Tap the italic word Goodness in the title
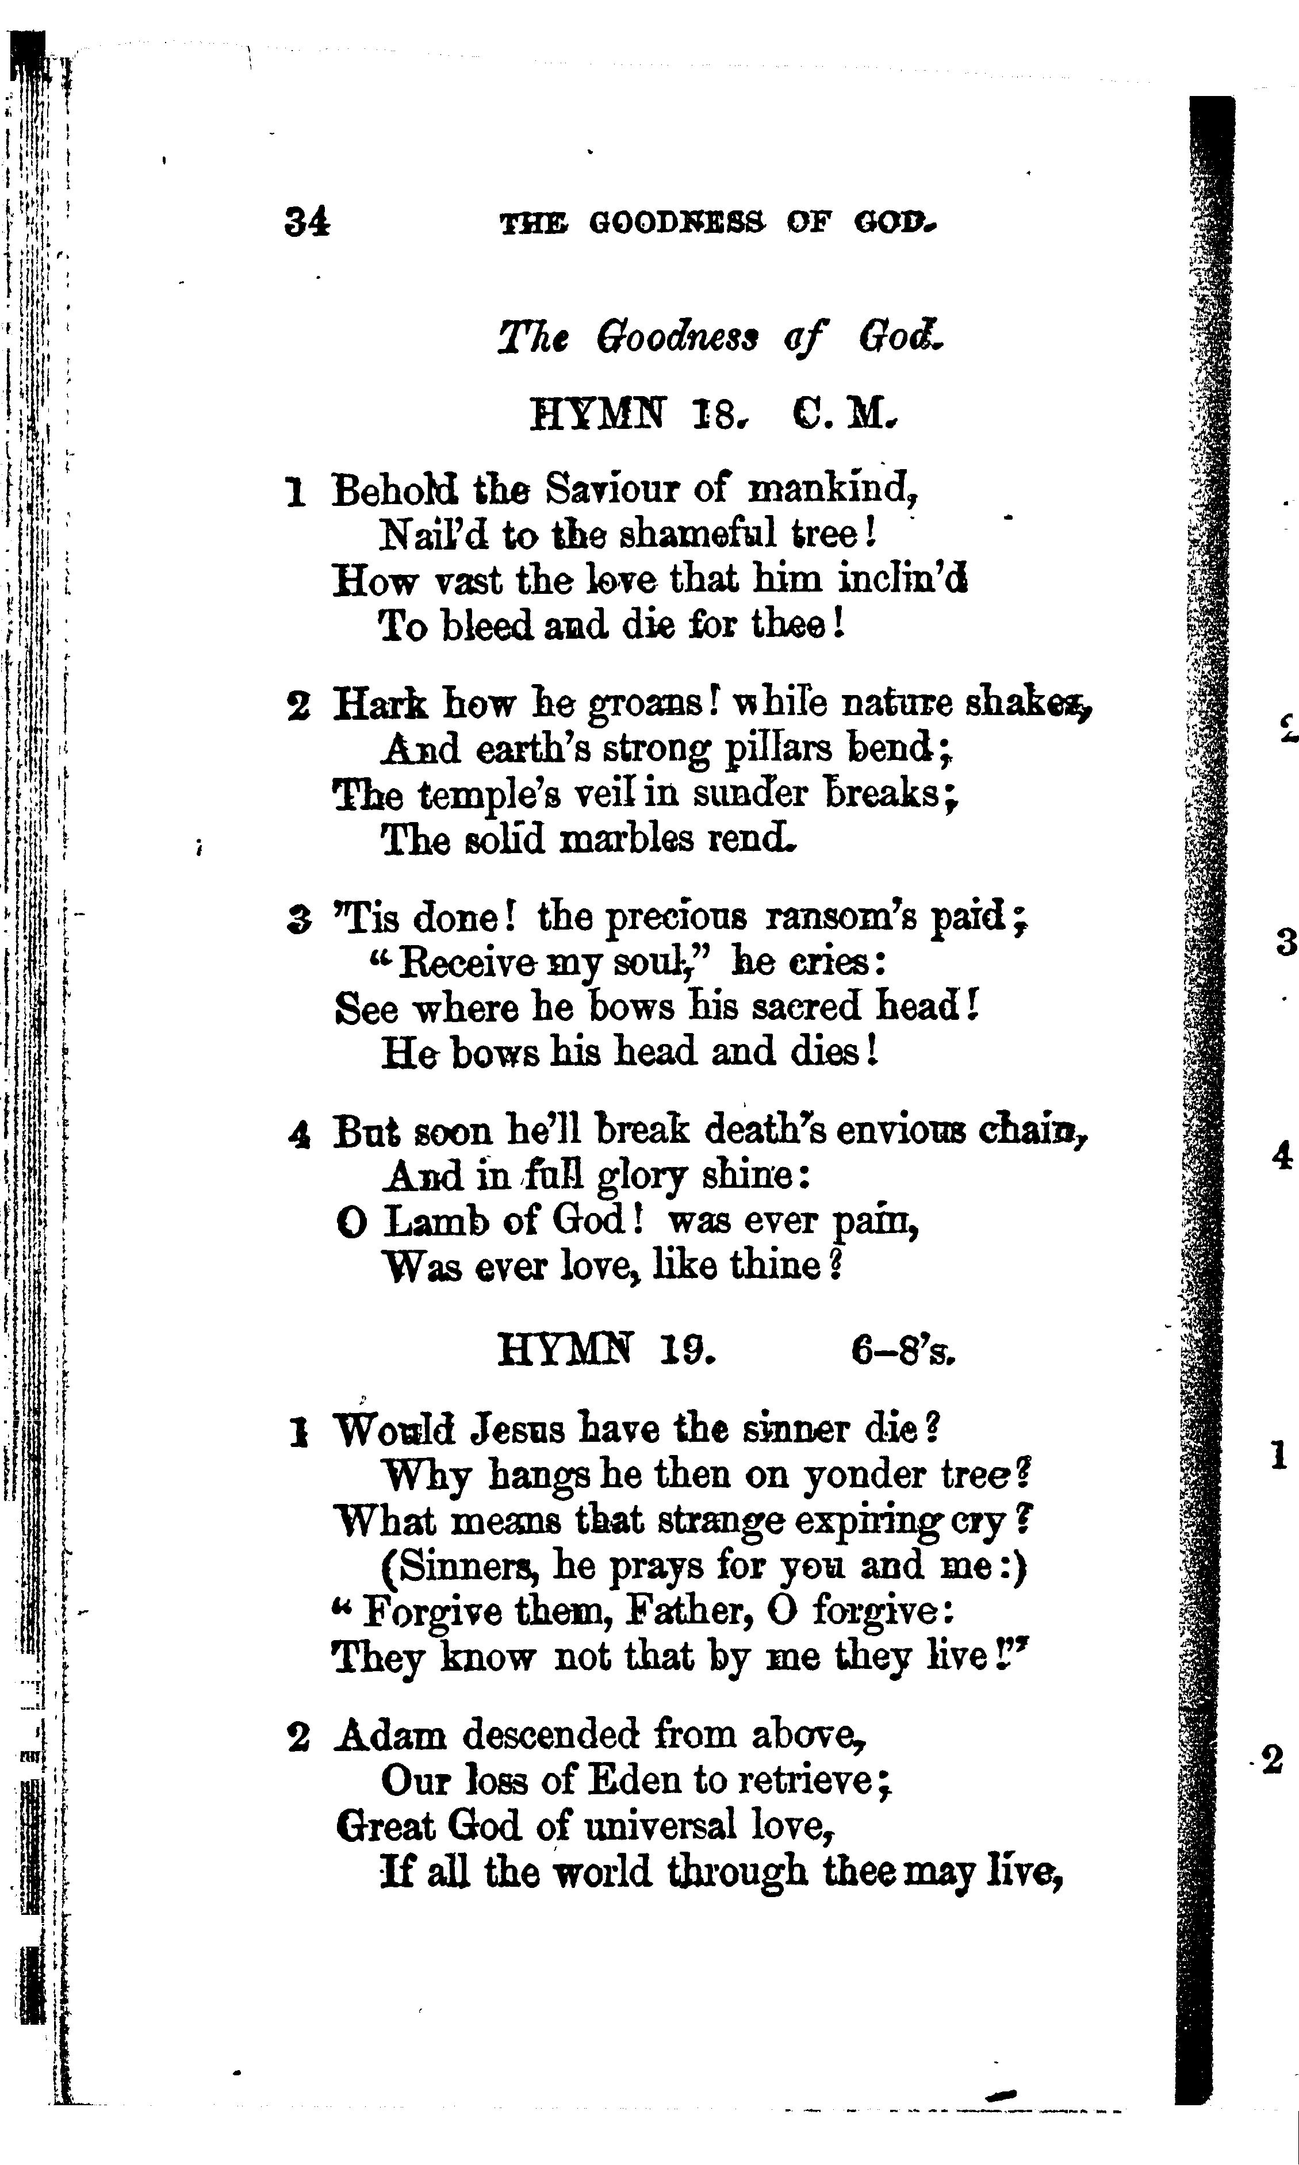(x=677, y=337)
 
